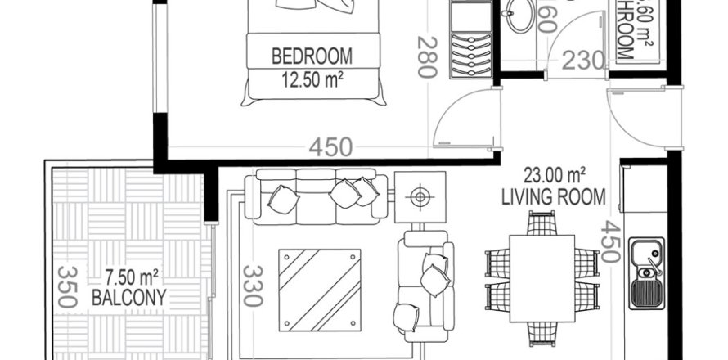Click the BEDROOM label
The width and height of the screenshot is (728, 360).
(x=312, y=56)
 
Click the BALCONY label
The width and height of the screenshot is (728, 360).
(x=130, y=298)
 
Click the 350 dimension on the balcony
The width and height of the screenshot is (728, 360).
(x=68, y=287)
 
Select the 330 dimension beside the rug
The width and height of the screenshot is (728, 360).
(x=253, y=286)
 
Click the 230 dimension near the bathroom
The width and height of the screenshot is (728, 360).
(x=582, y=61)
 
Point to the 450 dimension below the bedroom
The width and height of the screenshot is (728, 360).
(x=330, y=147)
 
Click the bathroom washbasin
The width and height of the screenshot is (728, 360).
(x=520, y=16)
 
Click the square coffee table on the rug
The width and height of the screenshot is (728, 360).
(x=320, y=287)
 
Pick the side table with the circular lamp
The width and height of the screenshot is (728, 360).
(x=420, y=196)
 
